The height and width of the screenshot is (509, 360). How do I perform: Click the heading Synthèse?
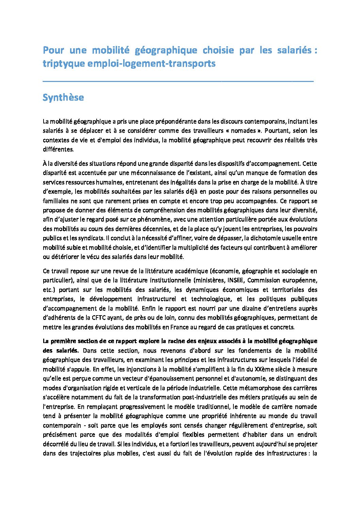click(x=63, y=98)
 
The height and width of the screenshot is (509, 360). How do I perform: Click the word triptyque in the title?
click(x=63, y=64)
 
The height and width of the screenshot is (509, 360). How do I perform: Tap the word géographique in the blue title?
click(x=166, y=50)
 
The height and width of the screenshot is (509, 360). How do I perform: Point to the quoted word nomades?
click(x=243, y=131)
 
